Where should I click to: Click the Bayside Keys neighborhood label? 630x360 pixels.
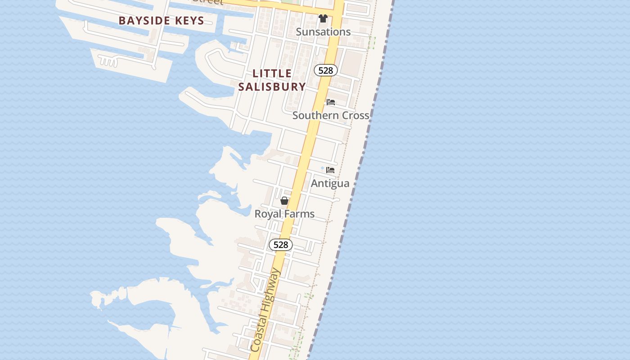161,21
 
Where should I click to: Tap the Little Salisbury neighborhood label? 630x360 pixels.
272,80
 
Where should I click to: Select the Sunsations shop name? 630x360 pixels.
323,32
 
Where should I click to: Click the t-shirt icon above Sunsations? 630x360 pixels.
323,18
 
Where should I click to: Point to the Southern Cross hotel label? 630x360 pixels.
331,115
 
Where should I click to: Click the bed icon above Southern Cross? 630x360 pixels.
331,102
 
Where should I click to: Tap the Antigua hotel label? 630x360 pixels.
330,183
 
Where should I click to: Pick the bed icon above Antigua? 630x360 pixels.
330,170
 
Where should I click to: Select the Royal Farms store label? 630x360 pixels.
284,214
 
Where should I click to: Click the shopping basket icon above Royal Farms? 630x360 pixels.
284,201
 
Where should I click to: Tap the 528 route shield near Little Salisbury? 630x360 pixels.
325,70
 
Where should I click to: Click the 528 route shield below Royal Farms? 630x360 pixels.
281,245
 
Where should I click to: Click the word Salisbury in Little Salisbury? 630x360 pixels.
272,86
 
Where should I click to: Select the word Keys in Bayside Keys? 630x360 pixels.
189,21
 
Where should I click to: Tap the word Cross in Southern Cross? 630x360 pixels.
355,115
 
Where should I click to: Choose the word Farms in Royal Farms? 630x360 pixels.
301,214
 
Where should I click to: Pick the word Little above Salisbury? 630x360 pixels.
272,73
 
